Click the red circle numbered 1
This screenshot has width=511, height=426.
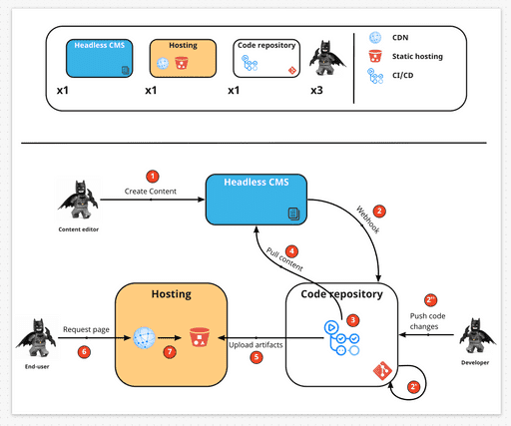[153, 176]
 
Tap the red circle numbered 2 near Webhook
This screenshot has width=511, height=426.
[378, 212]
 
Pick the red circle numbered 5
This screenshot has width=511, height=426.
[256, 356]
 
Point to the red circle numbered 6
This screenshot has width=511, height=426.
[84, 351]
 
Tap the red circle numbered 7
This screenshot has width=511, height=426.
[170, 352]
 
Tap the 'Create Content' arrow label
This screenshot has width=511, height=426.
[151, 190]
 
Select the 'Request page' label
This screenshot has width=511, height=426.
[86, 328]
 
